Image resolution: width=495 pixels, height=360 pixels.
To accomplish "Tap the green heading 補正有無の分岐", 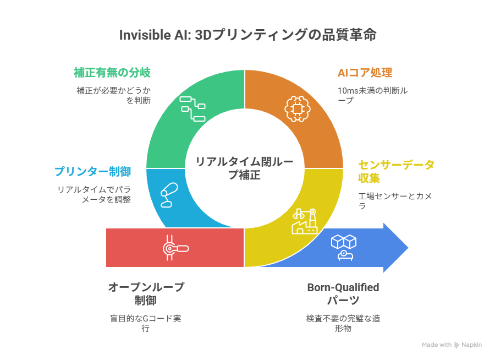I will pyautogui.click(x=112, y=73).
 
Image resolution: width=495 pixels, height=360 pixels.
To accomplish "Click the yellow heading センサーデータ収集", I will pyautogui.click(x=395, y=172).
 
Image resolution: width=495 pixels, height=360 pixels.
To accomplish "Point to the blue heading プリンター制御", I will pyautogui.click(x=92, y=171).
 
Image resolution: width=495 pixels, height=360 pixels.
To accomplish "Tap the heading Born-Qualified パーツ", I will pyautogui.click(x=343, y=293).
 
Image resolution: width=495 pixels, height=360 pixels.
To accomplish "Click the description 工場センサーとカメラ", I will pyautogui.click(x=395, y=200).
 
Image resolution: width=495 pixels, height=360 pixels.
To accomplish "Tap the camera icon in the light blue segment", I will pyautogui.click(x=169, y=194).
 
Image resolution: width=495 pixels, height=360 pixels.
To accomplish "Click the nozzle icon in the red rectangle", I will pyautogui.click(x=174, y=248).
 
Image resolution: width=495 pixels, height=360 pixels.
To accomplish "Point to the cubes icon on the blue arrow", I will pyautogui.click(x=343, y=247).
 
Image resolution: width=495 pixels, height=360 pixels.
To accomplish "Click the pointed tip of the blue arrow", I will pyautogui.click(x=408, y=248).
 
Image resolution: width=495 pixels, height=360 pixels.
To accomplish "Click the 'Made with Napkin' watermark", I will pyautogui.click(x=452, y=345).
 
